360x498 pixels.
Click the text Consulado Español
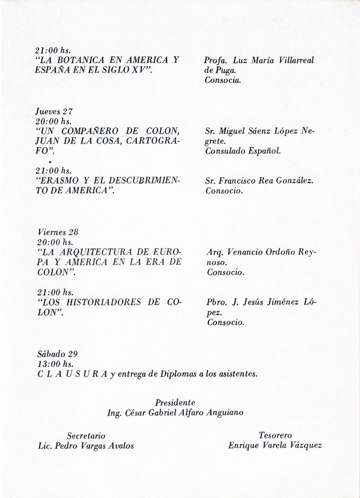(243, 151)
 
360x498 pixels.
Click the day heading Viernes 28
(58, 233)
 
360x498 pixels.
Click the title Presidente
(175, 402)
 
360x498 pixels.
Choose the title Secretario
(86, 435)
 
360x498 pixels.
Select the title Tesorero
(275, 435)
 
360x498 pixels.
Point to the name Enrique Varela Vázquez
(275, 446)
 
